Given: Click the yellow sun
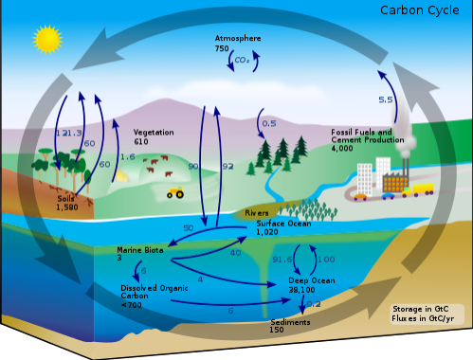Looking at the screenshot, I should [45, 40].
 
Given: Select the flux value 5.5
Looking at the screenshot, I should [386, 99].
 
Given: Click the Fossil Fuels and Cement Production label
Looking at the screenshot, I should [368, 138].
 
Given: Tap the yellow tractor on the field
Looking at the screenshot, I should [175, 192].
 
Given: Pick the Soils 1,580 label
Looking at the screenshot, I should [67, 202].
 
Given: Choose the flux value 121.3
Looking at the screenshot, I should [68, 134].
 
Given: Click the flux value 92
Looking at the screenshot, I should [227, 166].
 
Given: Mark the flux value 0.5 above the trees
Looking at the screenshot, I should [268, 124].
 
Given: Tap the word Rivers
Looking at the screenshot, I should [257, 215].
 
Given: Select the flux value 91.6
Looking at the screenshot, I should [282, 260].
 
